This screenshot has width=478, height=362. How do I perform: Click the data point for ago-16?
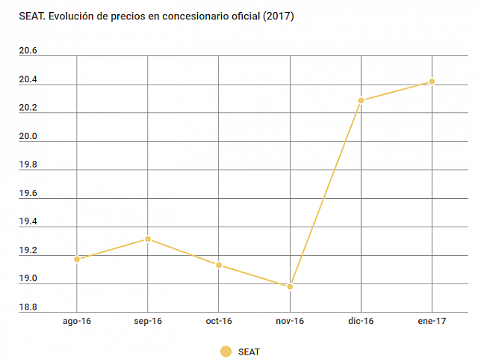pos(77,259)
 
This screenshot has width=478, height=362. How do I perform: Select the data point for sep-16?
pos(148,239)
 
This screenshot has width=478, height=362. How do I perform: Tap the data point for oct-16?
pos(219,265)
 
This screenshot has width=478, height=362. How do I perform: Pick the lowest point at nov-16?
pos(290,286)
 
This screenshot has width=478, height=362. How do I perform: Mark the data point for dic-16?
pos(361,100)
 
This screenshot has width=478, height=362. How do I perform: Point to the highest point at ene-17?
pos(432,82)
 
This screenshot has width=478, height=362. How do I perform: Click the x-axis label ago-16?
pos(77,321)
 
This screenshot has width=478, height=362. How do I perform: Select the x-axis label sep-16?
pos(148,321)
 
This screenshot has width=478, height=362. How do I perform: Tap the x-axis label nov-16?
pos(290,321)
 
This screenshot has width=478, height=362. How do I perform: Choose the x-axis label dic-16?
pos(361,321)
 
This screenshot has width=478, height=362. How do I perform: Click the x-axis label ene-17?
pos(432,321)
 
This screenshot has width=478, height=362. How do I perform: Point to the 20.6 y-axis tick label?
pos(28,51)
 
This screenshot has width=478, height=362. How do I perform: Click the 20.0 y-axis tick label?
pos(28,136)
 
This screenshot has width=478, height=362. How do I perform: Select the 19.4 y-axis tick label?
pos(28,221)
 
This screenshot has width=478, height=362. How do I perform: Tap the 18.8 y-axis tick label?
pos(28,307)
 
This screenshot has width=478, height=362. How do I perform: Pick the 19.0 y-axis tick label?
pos(28,278)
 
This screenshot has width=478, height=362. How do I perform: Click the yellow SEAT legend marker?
pos(226,351)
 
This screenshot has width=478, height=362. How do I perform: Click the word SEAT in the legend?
pos(249,351)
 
